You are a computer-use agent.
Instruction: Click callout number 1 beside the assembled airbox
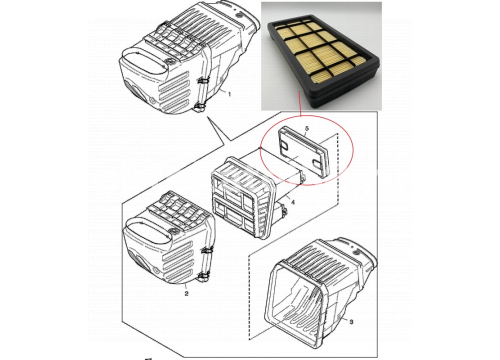click(229, 94)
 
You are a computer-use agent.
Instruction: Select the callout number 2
click(186, 293)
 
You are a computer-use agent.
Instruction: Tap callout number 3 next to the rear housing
click(351, 322)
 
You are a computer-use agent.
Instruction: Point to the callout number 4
click(293, 202)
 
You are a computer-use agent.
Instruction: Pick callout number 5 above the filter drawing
click(307, 128)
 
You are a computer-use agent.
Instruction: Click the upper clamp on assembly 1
click(202, 81)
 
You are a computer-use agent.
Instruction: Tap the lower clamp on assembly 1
click(199, 108)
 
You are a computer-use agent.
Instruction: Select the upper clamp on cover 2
click(207, 250)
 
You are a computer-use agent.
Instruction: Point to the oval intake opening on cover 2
click(147, 232)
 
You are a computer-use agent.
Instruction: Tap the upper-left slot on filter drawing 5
click(284, 144)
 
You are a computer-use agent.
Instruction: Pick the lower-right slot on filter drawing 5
click(317, 163)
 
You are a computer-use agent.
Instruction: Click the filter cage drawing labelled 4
click(242, 197)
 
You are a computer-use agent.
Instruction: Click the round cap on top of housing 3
click(357, 253)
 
